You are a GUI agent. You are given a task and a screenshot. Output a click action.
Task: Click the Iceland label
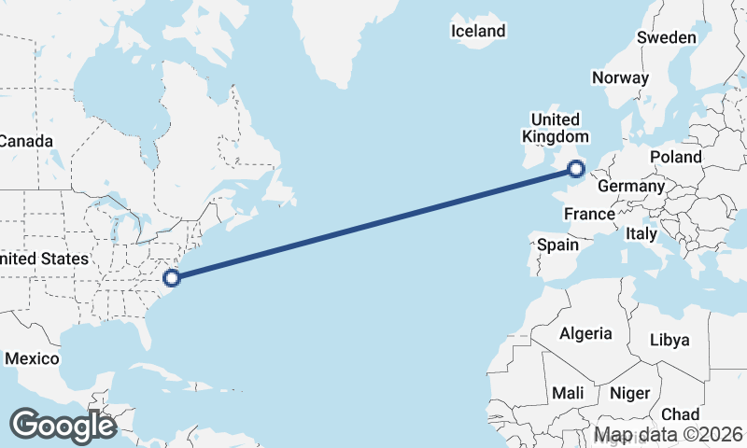click(477, 31)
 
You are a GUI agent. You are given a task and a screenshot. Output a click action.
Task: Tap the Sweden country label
click(666, 37)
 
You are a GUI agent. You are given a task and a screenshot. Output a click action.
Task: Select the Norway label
click(620, 77)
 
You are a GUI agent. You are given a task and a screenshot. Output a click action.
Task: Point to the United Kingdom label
click(556, 128)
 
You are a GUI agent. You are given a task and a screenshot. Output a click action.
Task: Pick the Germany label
click(630, 186)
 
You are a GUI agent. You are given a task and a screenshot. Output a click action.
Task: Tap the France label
click(589, 214)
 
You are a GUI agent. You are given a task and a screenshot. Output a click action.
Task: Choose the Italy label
click(641, 233)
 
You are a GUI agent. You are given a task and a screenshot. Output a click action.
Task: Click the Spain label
click(558, 245)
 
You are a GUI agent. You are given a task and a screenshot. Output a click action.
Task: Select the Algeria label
click(585, 333)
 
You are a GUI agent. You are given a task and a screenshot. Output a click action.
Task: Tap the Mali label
click(569, 393)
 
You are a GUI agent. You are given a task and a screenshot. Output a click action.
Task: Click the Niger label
click(629, 393)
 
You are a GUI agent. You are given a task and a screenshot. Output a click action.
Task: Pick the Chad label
click(680, 413)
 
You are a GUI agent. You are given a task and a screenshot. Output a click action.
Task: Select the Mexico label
click(32, 358)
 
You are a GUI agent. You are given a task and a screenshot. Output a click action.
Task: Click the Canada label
click(25, 141)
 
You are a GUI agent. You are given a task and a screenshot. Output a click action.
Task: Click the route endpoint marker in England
click(576, 169)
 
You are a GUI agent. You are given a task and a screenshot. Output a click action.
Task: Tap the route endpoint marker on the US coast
click(171, 277)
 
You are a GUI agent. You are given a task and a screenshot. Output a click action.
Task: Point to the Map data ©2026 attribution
click(669, 434)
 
